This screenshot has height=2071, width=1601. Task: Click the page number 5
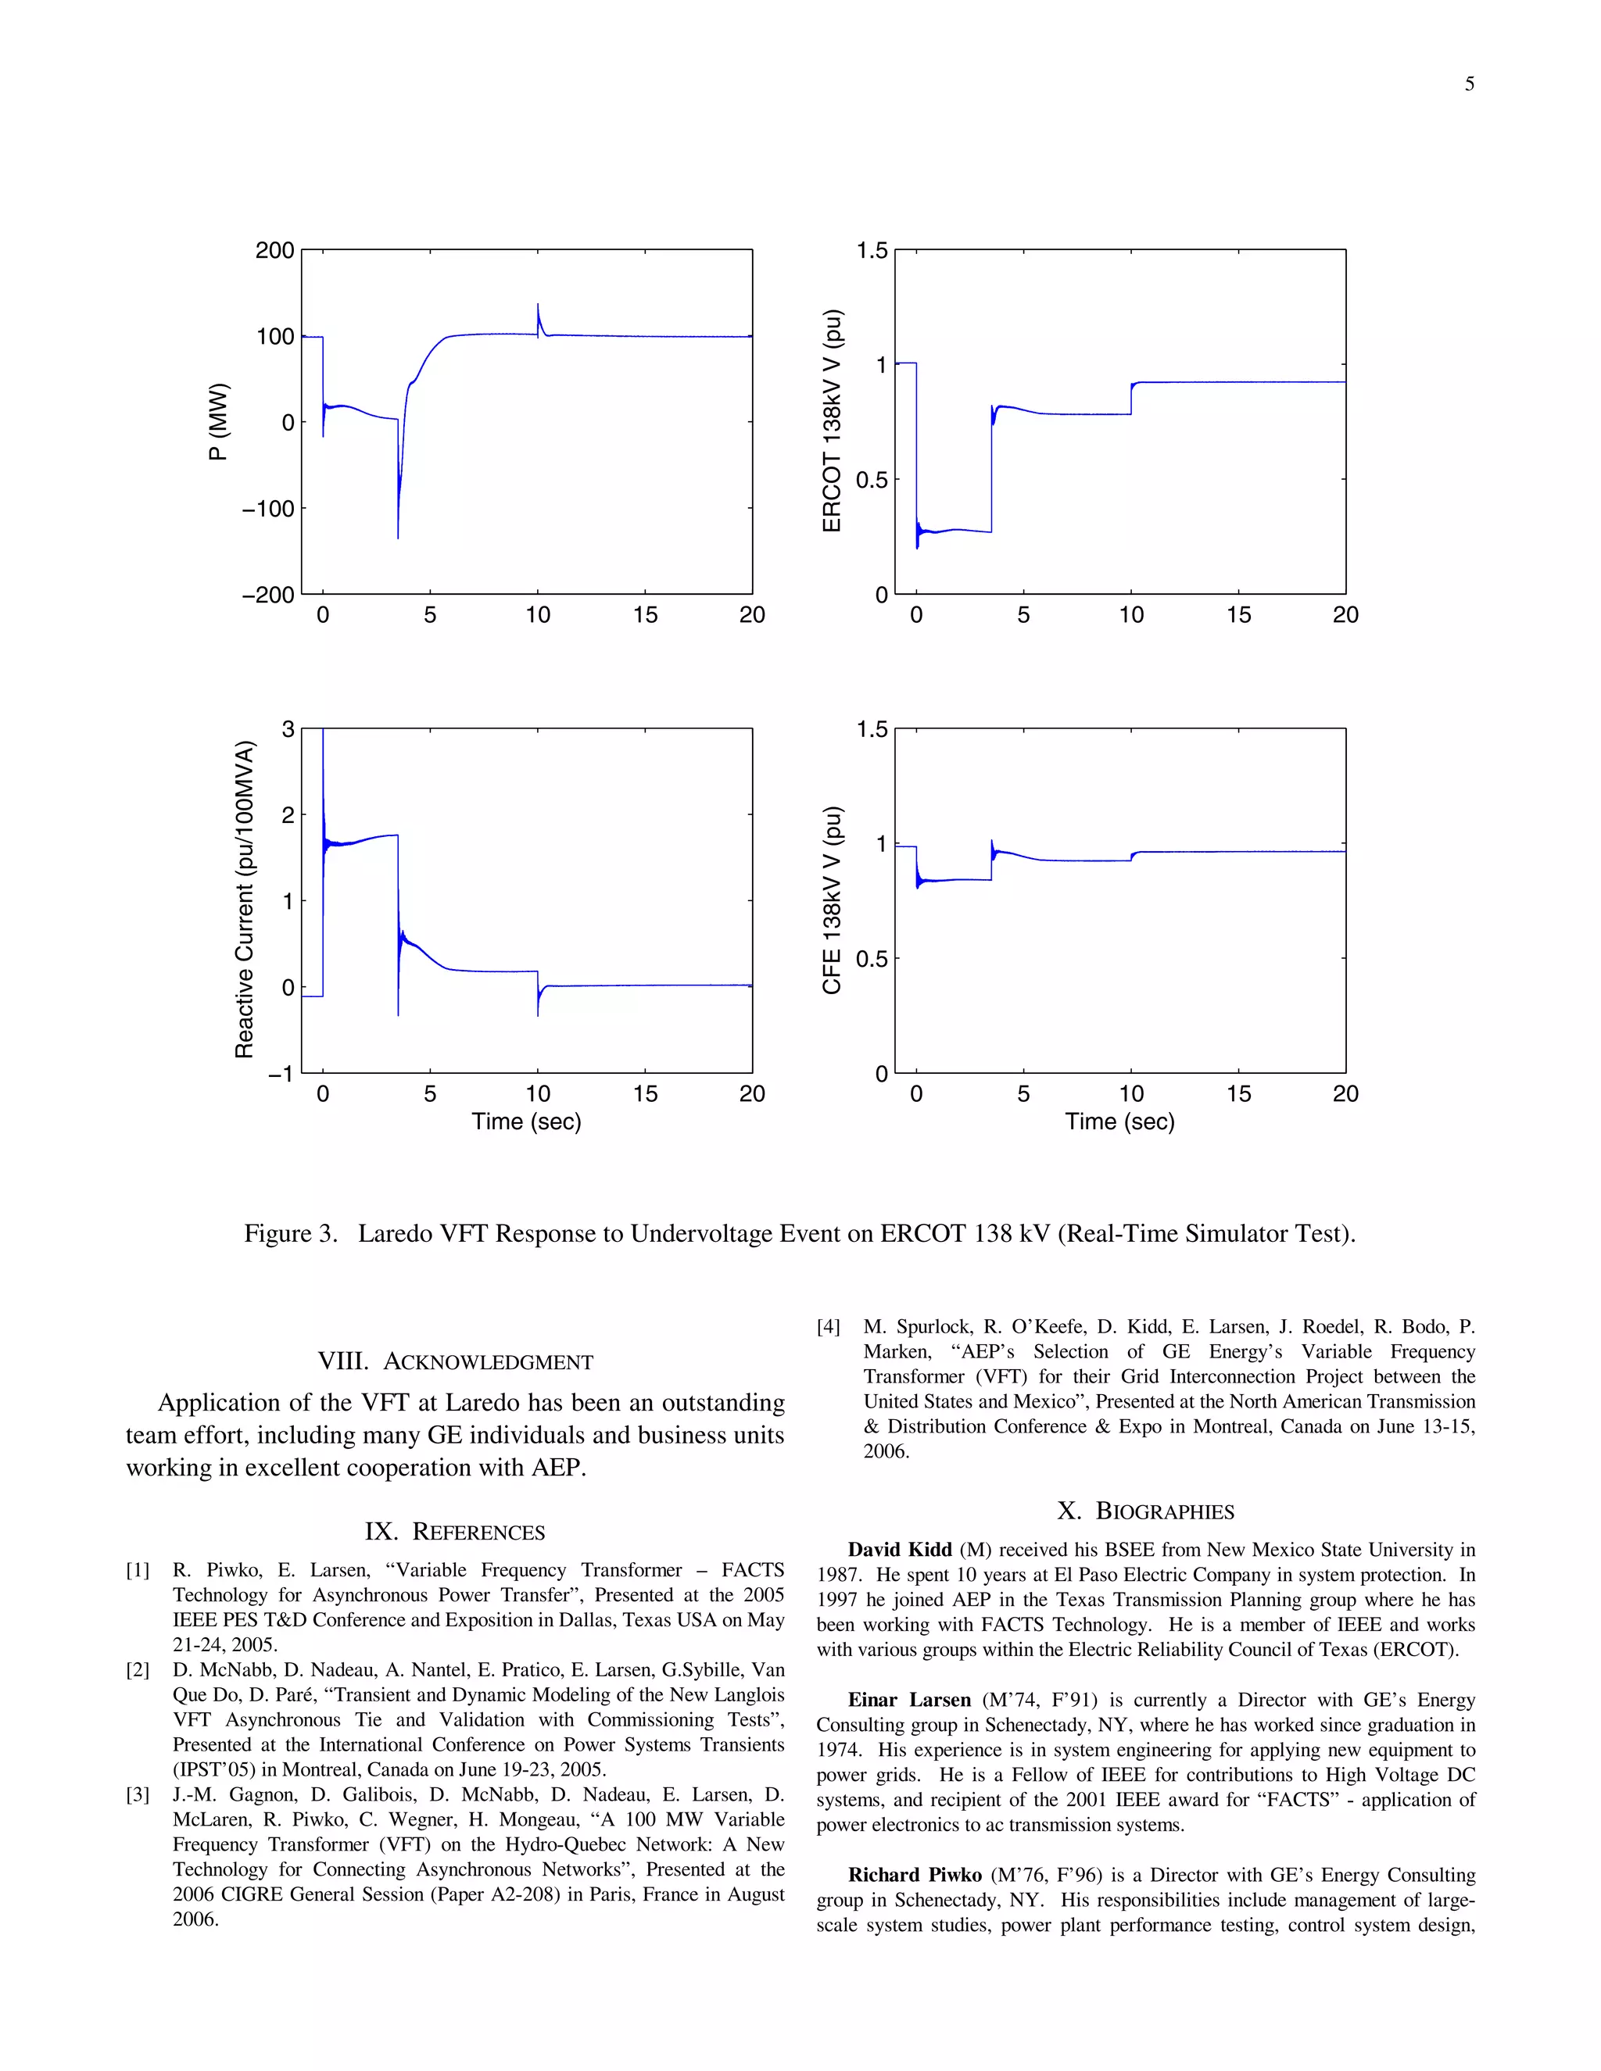point(1469,84)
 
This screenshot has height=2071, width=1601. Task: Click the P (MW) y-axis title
point(218,422)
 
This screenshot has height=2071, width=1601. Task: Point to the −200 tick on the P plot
point(268,596)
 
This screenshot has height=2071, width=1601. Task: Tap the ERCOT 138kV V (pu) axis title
point(832,421)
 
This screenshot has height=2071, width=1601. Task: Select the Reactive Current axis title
point(245,899)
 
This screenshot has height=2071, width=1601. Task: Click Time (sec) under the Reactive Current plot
point(526,1121)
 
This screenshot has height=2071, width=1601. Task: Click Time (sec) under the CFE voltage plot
point(1119,1121)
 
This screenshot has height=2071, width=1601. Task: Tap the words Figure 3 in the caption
point(290,1234)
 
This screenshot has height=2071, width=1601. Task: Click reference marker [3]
point(138,1795)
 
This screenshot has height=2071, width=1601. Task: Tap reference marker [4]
point(829,1328)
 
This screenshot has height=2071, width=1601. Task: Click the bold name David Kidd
point(899,1551)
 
